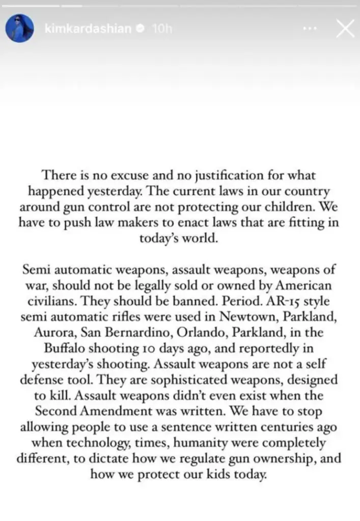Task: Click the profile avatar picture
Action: pyautogui.click(x=19, y=28)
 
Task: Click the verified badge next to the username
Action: pyautogui.click(x=139, y=29)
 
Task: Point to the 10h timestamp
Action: pyautogui.click(x=162, y=29)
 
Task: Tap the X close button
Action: pyautogui.click(x=345, y=28)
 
